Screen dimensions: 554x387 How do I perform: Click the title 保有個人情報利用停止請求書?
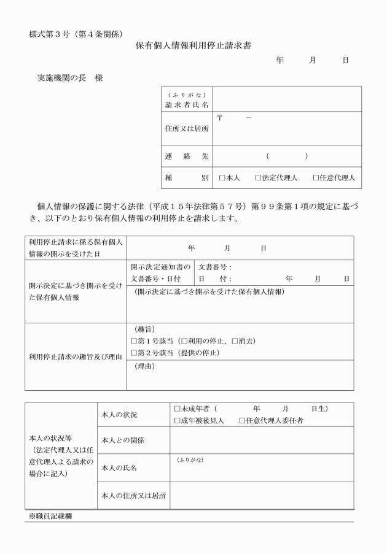point(193,45)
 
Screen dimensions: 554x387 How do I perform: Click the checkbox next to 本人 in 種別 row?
point(222,178)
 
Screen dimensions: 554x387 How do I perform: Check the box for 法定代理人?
point(259,178)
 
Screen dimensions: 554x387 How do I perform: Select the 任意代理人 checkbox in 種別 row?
point(316,178)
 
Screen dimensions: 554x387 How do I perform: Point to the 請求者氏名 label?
point(187,105)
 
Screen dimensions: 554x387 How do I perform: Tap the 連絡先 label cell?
point(187,156)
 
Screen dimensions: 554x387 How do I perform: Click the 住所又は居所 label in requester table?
point(187,129)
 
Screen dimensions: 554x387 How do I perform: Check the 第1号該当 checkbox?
point(134,340)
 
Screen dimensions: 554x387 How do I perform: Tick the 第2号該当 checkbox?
point(134,353)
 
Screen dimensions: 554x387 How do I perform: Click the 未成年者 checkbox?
point(178,408)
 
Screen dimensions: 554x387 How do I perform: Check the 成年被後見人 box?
point(178,420)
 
